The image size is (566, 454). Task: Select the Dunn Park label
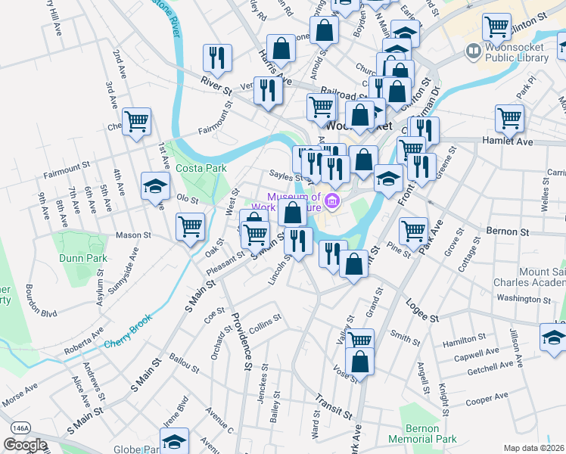[82, 257]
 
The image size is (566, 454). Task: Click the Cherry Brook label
[129, 322]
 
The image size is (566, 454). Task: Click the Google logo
[25, 445]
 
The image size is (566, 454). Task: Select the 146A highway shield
[20, 428]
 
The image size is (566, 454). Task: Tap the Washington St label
[524, 298]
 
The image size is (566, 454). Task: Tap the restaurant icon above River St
[217, 57]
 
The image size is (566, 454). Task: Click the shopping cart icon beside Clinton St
[497, 26]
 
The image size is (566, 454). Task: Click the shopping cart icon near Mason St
[190, 225]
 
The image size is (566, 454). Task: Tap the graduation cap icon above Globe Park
[174, 440]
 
